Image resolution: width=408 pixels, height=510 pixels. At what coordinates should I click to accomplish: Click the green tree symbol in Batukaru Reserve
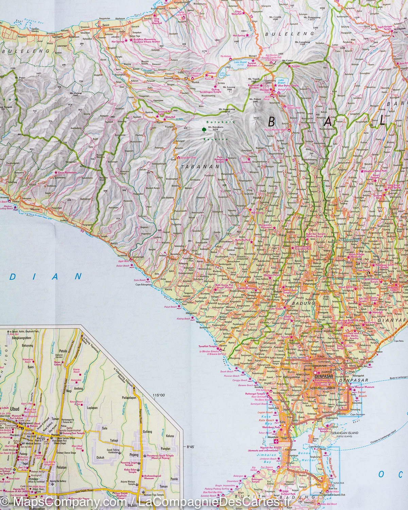(x=203, y=129)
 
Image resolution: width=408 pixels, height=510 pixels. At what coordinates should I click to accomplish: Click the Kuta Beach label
(x=267, y=421)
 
